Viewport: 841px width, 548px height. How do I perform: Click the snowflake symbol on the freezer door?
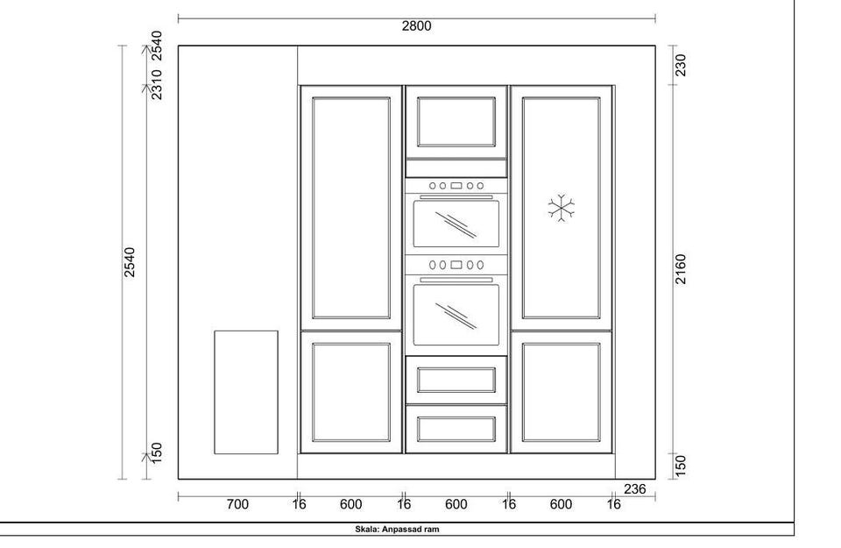point(561,208)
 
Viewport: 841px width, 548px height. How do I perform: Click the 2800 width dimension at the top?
point(417,25)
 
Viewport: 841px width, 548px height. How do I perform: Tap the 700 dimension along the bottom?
point(237,504)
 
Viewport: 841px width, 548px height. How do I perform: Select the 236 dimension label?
point(634,489)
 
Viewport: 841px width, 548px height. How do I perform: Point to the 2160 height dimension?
point(680,269)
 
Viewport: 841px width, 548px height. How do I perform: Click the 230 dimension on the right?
point(680,66)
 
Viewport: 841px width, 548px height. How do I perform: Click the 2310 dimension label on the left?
point(156,84)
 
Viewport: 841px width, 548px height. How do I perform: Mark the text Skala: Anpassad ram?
point(397,530)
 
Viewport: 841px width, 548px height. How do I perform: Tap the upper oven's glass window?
point(456,224)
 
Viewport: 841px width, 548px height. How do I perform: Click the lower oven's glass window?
point(456,315)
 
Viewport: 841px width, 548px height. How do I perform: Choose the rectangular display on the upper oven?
point(456,186)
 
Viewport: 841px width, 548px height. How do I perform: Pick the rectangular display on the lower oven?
point(456,265)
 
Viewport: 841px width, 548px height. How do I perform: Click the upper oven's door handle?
point(456,197)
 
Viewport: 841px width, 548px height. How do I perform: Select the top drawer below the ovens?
point(456,380)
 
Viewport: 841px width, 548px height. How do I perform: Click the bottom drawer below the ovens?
point(456,429)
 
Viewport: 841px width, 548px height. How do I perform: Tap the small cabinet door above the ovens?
point(456,122)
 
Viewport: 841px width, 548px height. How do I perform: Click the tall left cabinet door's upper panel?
point(350,208)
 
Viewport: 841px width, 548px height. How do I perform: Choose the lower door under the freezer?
point(561,392)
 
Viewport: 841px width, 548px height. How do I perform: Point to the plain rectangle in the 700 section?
point(246,392)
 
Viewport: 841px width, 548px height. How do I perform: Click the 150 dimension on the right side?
point(680,466)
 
